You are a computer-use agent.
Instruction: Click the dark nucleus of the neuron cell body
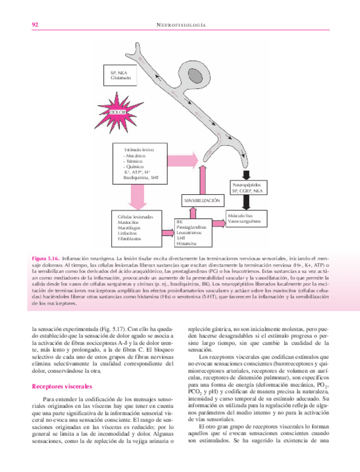click(x=198, y=74)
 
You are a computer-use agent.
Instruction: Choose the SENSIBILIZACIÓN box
click(x=201, y=199)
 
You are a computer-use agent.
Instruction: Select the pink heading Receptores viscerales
click(x=61, y=385)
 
